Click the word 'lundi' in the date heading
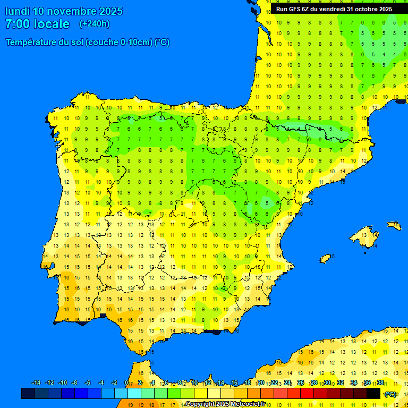pos(17,11)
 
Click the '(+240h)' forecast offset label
pos(94,24)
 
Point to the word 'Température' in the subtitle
pos(31,42)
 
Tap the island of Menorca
pos(394,225)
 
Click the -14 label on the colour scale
pos(37,383)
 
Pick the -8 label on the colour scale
pos(74,383)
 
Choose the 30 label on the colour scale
pos(327,383)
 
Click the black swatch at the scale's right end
pos(373,394)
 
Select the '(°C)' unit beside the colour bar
pos(390,394)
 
